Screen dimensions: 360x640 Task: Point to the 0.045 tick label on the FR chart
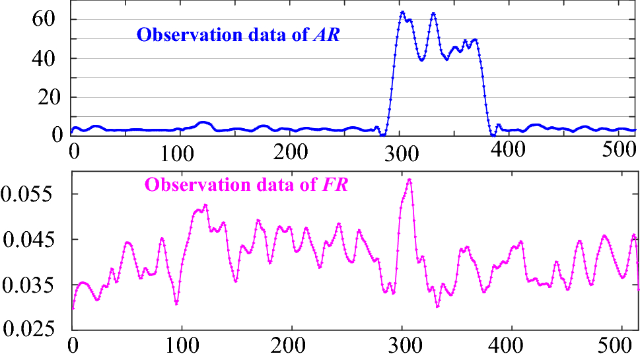[30, 240]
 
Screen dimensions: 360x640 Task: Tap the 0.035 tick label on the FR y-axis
[30, 285]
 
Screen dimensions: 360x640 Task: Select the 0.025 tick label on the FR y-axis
[30, 330]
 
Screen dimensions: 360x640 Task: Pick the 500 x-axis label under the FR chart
[621, 346]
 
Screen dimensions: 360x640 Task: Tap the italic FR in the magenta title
[336, 186]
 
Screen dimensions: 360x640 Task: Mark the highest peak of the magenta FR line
[409, 179]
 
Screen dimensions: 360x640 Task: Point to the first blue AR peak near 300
[402, 12]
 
